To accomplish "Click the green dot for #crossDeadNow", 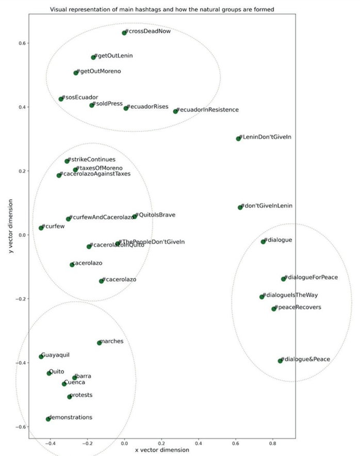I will pos(124,33).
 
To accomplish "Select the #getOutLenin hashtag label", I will pos(116,56).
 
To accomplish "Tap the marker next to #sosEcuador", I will pos(61,99).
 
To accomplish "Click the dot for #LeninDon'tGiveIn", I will pos(238,138).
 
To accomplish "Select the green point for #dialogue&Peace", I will pos(281,361).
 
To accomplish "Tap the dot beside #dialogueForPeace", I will pos(283,279).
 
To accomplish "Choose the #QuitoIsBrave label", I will pos(156,215).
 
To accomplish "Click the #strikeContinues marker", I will pos(67,161).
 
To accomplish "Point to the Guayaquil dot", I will pos(41,356).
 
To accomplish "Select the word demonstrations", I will pos(71,417).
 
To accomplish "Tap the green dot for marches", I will pos(100,343).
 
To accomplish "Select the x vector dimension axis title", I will pos(162,450).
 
